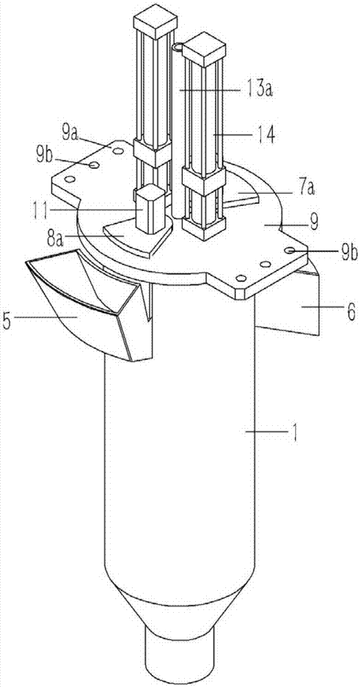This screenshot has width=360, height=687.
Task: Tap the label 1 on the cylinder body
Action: pyautogui.click(x=294, y=433)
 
